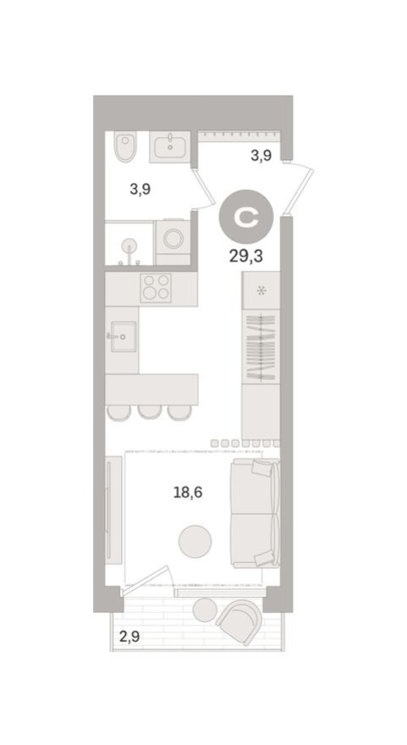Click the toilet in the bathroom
(x=124, y=148)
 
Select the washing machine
(x=173, y=238)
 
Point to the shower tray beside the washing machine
(x=129, y=245)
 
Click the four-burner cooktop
(x=155, y=288)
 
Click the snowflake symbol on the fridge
(x=261, y=291)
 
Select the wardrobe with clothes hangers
(x=261, y=347)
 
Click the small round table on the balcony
(x=205, y=610)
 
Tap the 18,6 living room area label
(x=188, y=491)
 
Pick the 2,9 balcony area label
(x=129, y=637)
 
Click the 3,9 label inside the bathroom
(x=140, y=190)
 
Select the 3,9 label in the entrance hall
(x=260, y=156)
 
